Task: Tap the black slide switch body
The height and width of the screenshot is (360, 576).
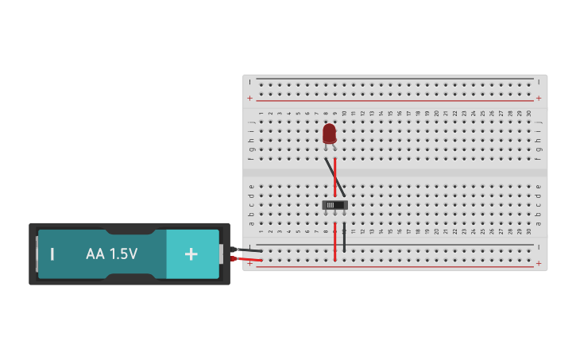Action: [x=334, y=205]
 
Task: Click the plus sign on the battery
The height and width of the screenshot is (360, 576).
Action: [x=191, y=254]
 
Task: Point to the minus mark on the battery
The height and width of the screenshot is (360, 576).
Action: [x=52, y=254]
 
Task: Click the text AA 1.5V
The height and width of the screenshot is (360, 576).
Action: [x=112, y=254]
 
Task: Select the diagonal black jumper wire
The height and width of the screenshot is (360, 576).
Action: [x=334, y=177]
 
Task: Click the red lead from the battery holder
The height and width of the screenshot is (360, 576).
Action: [x=246, y=258]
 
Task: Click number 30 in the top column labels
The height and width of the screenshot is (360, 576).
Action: [x=528, y=113]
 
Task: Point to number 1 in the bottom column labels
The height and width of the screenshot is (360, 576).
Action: [x=261, y=231]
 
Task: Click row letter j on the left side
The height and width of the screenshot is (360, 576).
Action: [x=251, y=122]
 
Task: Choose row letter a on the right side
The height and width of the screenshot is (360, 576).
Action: [x=539, y=223]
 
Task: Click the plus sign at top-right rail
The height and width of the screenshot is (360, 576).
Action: [x=539, y=99]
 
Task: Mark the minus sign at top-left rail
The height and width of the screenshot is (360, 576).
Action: [x=250, y=81]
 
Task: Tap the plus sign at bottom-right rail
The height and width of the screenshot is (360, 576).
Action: [x=539, y=263]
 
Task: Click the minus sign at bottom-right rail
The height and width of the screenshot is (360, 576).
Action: [x=539, y=247]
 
